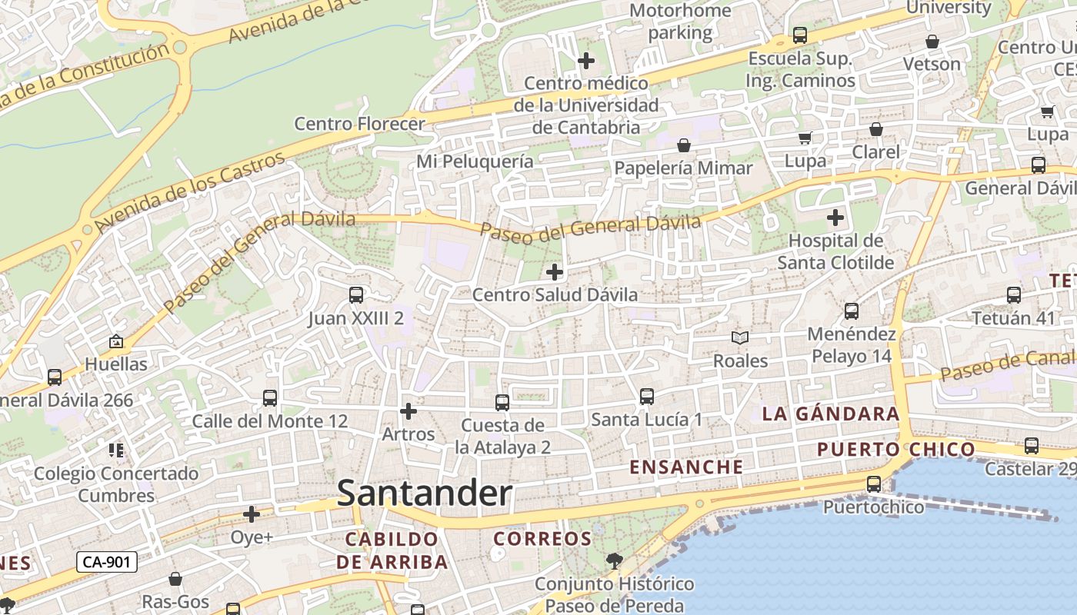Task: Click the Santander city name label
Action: click(424, 493)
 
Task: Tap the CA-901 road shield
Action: click(107, 562)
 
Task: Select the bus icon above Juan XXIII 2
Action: click(355, 295)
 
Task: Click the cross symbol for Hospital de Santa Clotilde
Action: click(835, 218)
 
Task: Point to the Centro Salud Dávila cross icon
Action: click(554, 271)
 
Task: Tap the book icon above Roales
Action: click(740, 337)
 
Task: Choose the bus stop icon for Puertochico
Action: click(874, 484)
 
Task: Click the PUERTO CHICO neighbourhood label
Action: click(896, 449)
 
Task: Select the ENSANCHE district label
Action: click(686, 467)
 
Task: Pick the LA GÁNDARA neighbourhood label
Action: click(831, 414)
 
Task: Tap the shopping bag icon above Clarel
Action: click(875, 129)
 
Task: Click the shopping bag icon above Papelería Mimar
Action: click(683, 145)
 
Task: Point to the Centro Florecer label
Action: click(359, 124)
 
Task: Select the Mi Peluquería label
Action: click(475, 161)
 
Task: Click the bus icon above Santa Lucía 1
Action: click(647, 397)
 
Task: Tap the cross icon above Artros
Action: click(408, 411)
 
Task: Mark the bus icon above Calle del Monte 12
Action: click(270, 398)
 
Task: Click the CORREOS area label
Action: click(542, 539)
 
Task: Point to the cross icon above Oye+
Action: click(252, 514)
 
